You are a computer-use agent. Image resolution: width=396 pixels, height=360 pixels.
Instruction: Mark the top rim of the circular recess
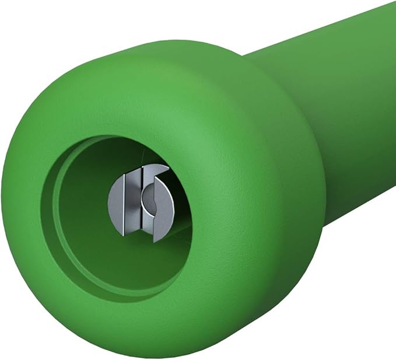(x=117, y=139)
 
